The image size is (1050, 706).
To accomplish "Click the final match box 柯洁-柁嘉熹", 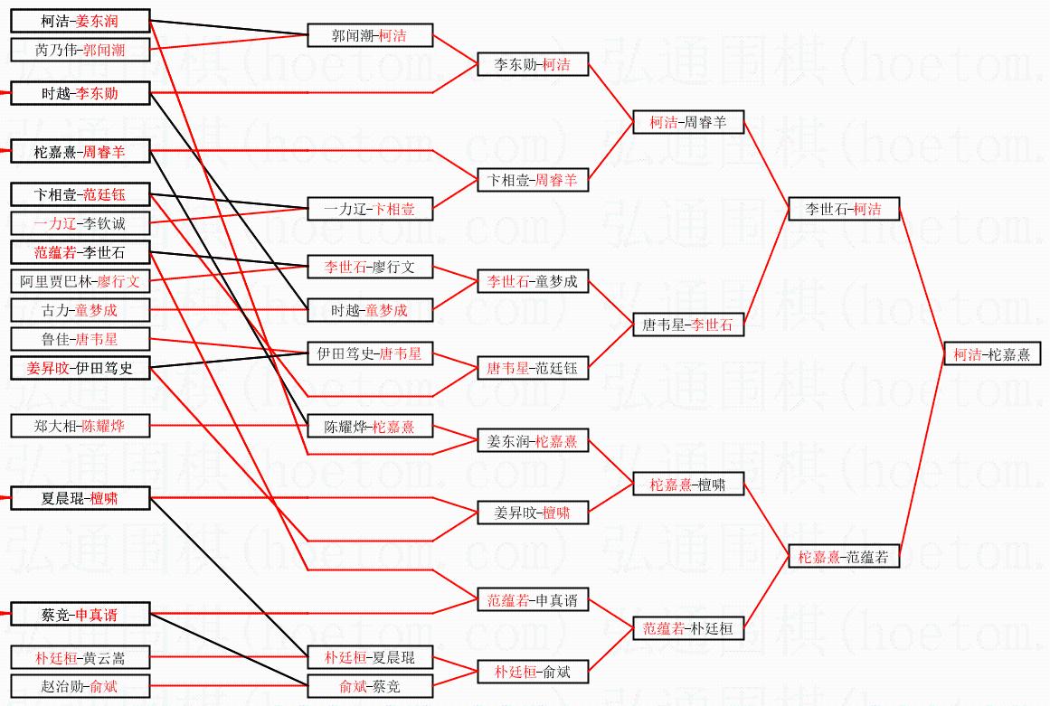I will [x=991, y=354].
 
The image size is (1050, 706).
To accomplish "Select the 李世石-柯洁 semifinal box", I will [x=844, y=209].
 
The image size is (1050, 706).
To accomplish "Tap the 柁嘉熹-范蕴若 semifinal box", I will [x=844, y=557].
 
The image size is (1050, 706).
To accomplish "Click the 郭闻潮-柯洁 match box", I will [x=370, y=35].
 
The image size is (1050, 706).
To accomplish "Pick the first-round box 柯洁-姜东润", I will [x=80, y=21].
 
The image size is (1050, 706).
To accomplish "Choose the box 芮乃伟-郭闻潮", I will [x=80, y=50].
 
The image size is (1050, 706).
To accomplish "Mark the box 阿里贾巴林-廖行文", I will [x=80, y=281].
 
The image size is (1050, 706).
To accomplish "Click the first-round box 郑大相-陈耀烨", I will [x=80, y=426].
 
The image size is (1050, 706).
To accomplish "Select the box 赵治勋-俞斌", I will [x=80, y=686].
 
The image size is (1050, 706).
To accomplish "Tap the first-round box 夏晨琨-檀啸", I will [x=80, y=498].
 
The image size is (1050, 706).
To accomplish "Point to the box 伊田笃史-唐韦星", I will [x=370, y=353].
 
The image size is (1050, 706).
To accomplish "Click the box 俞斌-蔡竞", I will [x=370, y=686].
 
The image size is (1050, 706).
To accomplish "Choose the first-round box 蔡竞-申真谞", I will [x=80, y=615].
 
